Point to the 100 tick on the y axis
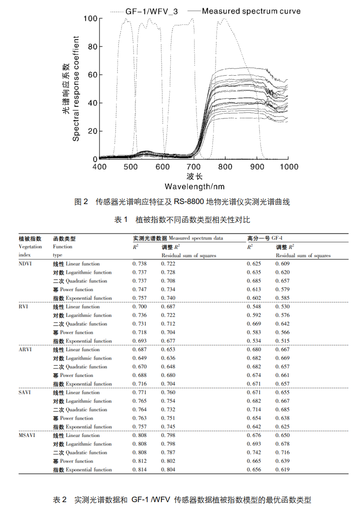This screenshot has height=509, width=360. coord(90,18)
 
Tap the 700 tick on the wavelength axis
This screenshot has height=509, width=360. coord(194,166)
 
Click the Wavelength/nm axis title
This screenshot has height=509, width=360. coord(194,186)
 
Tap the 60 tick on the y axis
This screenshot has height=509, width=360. coord(92,75)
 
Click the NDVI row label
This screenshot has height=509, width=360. coord(26,264)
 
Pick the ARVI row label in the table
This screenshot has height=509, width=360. coord(26,349)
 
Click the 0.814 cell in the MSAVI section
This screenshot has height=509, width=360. coord(140,470)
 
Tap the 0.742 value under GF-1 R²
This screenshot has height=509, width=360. coord(254,453)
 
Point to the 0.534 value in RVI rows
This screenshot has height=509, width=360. coord(254,341)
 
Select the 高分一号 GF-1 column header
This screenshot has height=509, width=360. coord(265,238)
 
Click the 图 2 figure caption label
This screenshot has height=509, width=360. coord(81,202)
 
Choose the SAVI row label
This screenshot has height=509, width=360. coord(25,393)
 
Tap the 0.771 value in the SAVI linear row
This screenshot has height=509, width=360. coord(140,393)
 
